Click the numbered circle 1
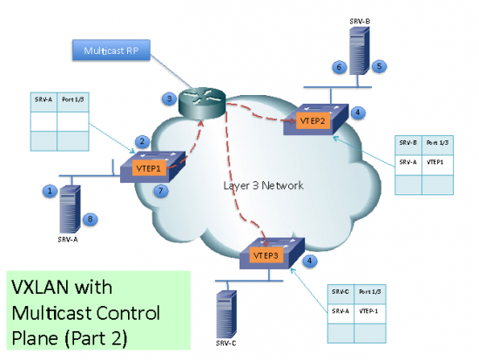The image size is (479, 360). (51, 188)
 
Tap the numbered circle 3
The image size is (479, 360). (172, 99)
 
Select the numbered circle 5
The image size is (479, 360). (380, 65)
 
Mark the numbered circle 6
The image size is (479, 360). (338, 66)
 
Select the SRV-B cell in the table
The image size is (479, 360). (407, 142)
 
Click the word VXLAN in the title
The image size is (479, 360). (42, 288)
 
